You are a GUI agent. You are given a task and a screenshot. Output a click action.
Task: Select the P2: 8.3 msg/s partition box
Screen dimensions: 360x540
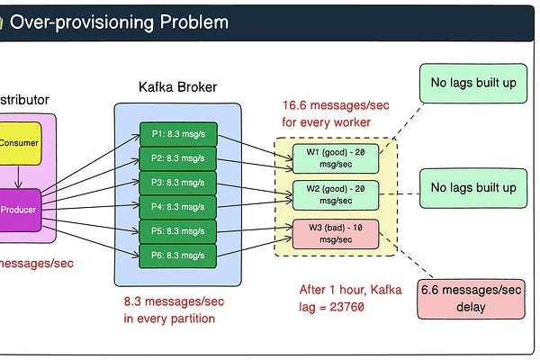178,160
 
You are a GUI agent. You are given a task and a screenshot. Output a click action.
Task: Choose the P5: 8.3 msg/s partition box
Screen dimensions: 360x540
178,231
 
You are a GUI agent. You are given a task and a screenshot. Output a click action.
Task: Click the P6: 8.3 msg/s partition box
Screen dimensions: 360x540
178,255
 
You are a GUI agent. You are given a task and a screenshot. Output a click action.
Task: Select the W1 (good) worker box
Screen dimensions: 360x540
335,158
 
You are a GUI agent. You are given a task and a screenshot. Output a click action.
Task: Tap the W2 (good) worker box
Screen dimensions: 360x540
335,195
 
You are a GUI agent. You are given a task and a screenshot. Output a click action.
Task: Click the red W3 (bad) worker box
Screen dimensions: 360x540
335,233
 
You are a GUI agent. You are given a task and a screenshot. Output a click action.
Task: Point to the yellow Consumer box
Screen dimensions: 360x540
19,143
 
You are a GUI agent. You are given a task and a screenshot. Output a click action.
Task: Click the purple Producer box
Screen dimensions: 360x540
19,210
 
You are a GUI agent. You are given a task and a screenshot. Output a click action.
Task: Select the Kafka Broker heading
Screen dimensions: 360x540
177,87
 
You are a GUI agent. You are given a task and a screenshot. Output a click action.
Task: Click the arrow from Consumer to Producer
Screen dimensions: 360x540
19,176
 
